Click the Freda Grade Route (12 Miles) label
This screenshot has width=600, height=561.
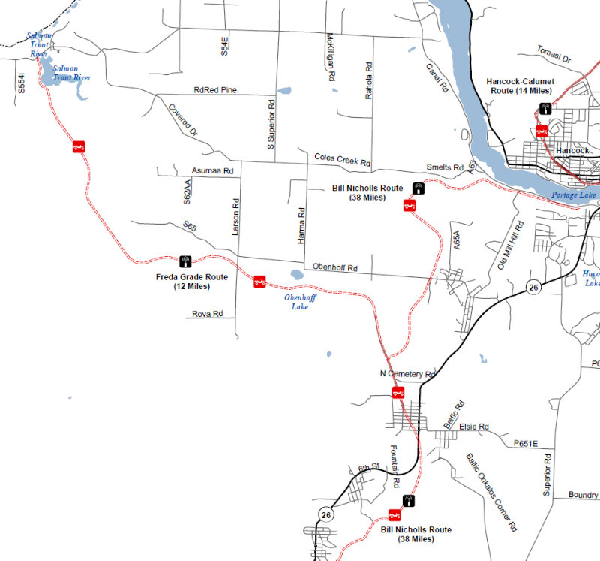[x=191, y=282]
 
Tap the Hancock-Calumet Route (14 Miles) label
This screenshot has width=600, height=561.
[x=519, y=86]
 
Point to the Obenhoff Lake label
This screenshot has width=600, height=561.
[x=300, y=302]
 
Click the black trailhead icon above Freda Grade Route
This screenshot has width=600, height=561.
[x=184, y=262]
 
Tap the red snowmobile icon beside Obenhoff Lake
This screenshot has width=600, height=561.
[x=259, y=282]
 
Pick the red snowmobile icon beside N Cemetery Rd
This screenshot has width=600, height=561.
[x=399, y=391]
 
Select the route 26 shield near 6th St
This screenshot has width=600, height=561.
[x=325, y=514]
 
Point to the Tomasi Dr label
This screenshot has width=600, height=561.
[x=554, y=54]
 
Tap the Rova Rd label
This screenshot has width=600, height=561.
[x=207, y=313]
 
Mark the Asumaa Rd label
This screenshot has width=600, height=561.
[x=213, y=171]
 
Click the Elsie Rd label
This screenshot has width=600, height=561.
[x=473, y=427]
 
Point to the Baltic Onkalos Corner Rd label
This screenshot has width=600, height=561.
[x=491, y=492]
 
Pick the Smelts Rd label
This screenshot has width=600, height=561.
[x=445, y=167]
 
